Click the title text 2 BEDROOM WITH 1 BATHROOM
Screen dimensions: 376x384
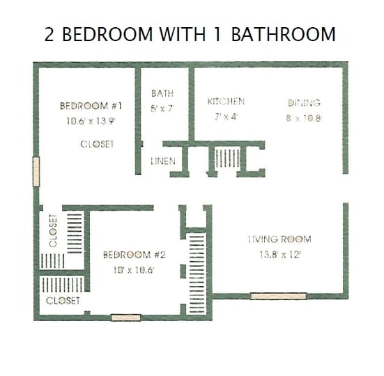[190, 34]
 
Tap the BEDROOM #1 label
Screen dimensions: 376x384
[91, 106]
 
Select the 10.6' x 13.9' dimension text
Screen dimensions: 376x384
[91, 120]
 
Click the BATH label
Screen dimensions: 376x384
[162, 93]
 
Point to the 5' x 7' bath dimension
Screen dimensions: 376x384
[162, 108]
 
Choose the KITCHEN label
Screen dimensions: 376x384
[226, 102]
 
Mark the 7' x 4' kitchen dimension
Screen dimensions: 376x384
[226, 116]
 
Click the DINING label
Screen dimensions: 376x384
[304, 103]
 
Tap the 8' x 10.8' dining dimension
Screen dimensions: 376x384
[304, 118]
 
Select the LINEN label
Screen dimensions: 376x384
[163, 162]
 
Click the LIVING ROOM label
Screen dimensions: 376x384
[279, 240]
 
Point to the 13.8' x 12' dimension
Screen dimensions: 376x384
[279, 254]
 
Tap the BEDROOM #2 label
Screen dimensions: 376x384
[134, 254]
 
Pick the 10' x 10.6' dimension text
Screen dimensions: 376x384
[134, 269]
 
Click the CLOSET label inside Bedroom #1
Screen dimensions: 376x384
[97, 144]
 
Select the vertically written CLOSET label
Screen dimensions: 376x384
[53, 230]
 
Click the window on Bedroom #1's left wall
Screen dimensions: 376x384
[36, 171]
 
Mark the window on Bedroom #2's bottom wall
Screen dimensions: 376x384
[125, 318]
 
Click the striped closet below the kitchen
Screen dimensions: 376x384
[226, 158]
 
